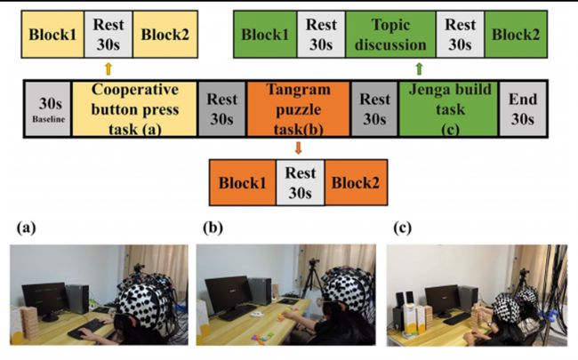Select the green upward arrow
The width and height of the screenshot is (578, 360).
[419, 68]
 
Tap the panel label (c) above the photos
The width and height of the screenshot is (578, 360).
[401, 228]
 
